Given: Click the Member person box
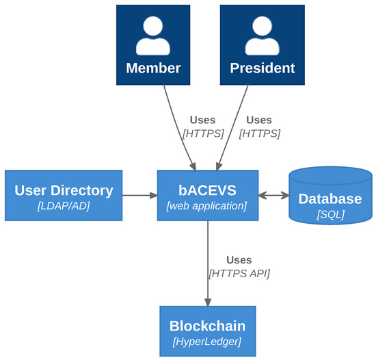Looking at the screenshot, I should (153, 45).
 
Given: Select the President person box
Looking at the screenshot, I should (262, 45).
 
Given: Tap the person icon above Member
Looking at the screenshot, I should (153, 35).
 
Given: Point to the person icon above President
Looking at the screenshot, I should (262, 35).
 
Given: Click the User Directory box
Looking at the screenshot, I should (64, 196).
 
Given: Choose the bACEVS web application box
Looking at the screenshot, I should (208, 196).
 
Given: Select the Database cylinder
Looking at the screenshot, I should (330, 196).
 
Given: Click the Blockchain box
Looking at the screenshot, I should (207, 331).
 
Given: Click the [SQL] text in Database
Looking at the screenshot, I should (330, 214).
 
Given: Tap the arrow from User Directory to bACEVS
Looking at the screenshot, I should (139, 196).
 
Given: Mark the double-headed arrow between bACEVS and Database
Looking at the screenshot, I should (273, 196).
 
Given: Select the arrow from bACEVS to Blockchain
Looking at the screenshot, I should (208, 263).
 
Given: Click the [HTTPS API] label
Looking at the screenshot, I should (239, 274).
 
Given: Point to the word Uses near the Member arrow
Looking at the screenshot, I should (202, 120).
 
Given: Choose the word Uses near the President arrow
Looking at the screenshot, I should (259, 120).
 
